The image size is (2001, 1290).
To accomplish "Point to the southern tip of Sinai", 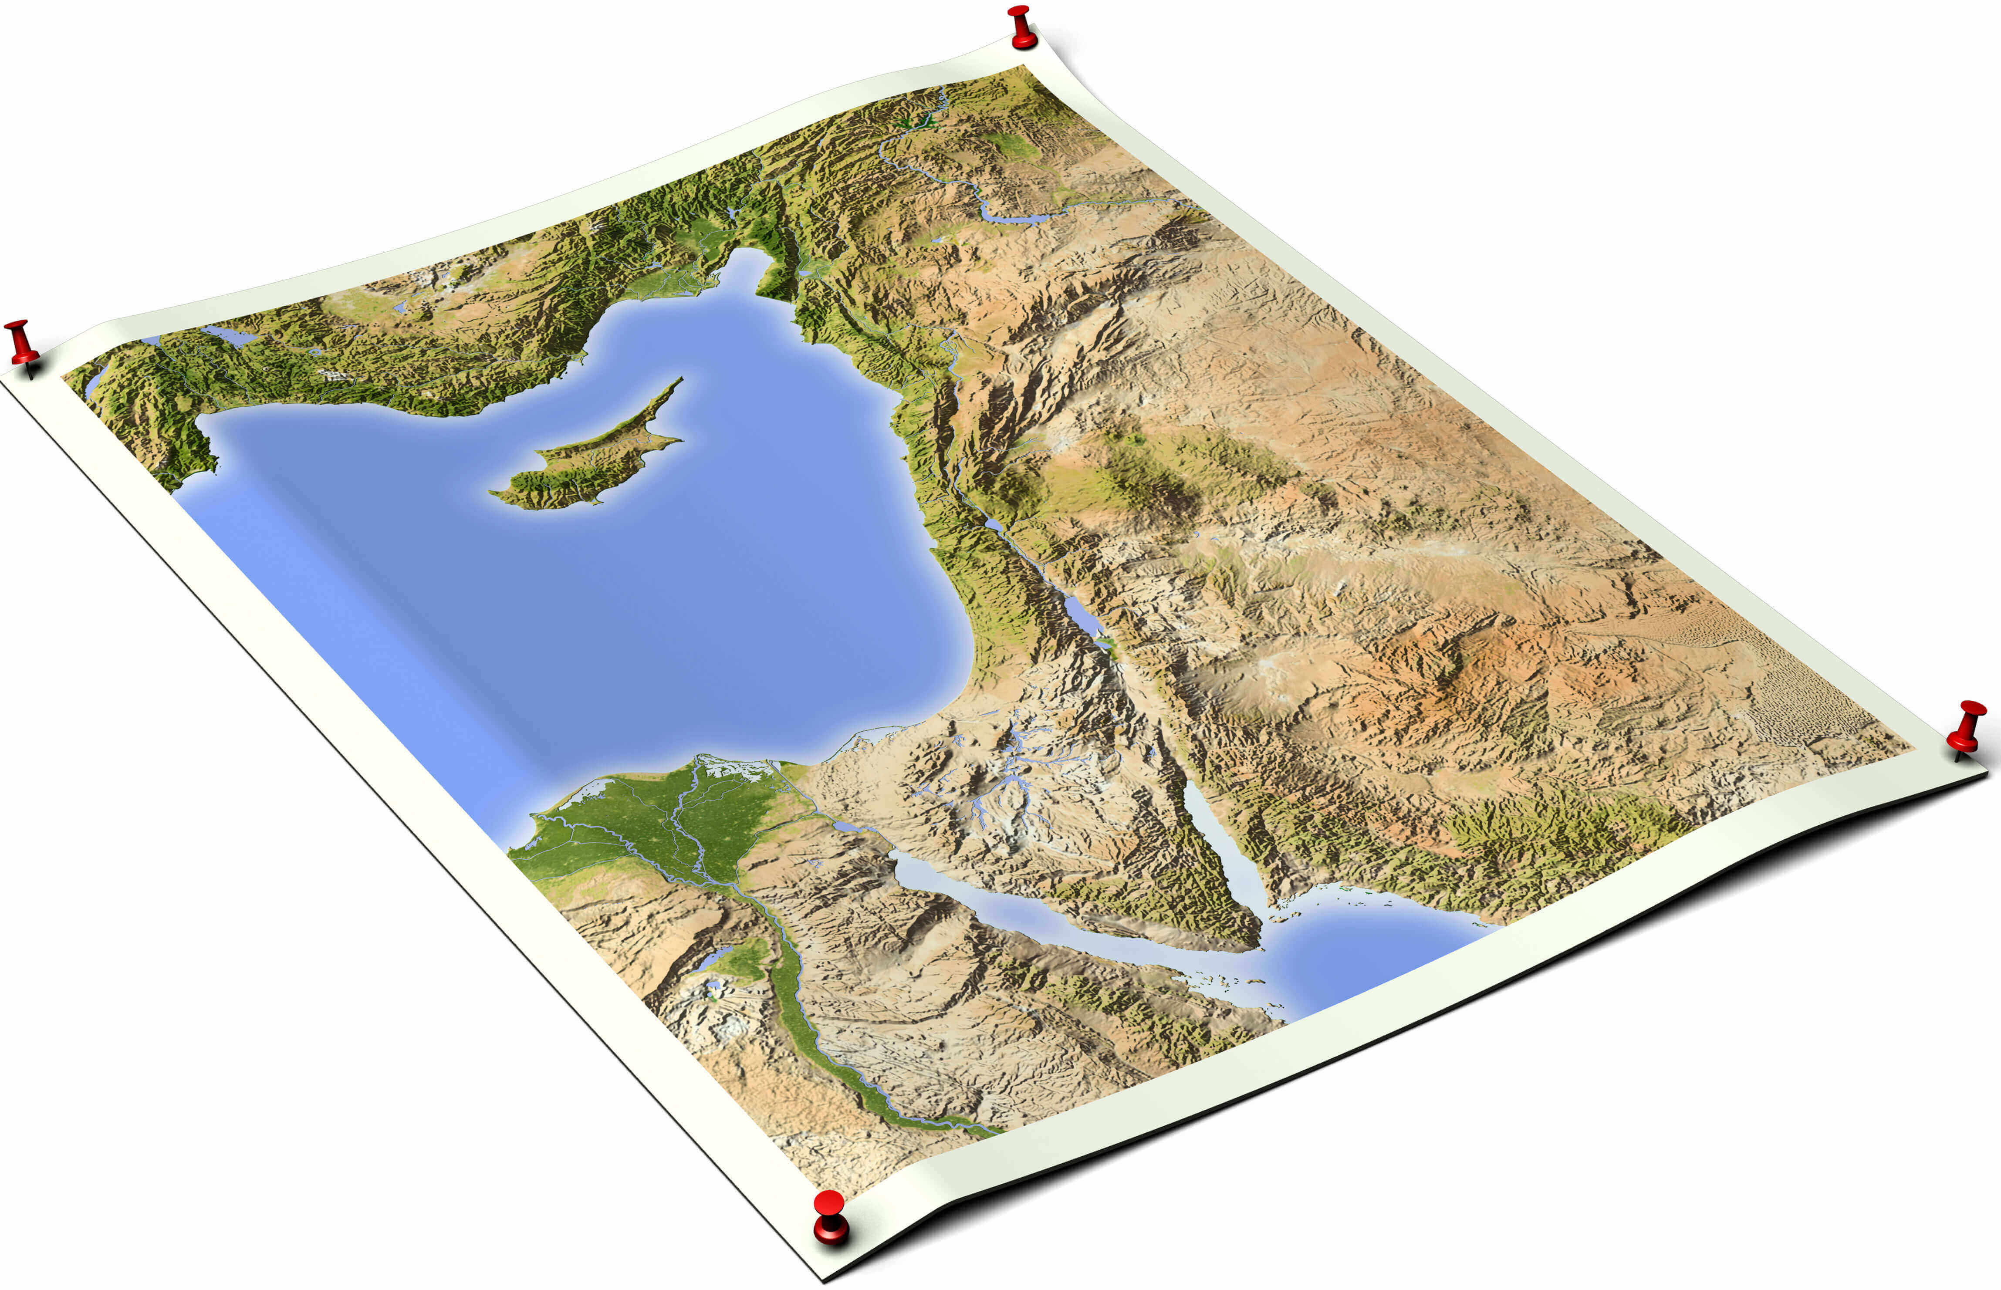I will click(x=1256, y=946).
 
